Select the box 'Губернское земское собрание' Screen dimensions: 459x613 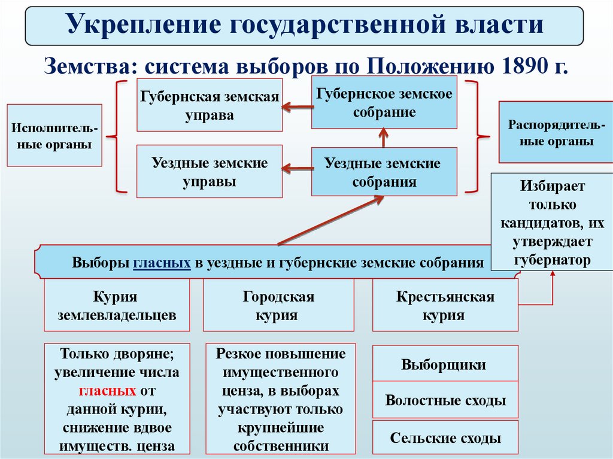click(384, 102)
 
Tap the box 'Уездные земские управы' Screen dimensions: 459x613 click(210, 171)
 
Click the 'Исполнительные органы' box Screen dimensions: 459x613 click(54, 136)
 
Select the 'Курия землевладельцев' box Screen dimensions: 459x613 click(117, 305)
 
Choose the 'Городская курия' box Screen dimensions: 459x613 click(278, 305)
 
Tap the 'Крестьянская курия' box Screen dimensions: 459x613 click(445, 305)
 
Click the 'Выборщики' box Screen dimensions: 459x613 click(445, 364)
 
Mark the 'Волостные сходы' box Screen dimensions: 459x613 click(445, 400)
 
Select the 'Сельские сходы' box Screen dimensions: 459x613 click(445, 437)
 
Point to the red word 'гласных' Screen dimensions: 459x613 click(107, 391)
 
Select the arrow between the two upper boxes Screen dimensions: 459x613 click(298, 107)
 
